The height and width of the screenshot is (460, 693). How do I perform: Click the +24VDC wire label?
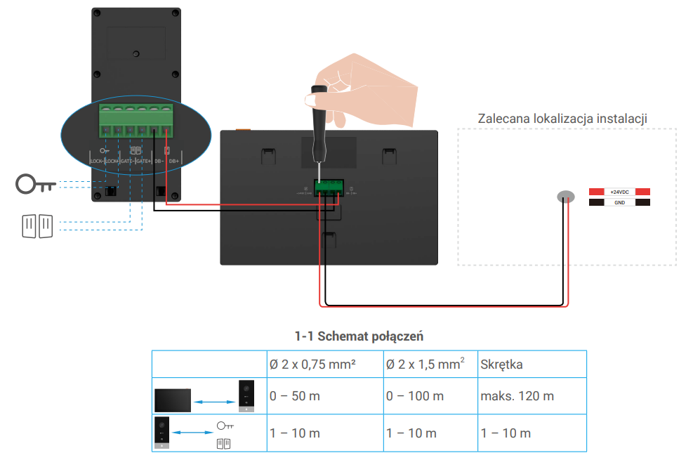619,192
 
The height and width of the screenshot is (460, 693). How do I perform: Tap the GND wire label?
619,202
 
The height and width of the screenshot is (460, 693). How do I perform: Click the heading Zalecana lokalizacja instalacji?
562,118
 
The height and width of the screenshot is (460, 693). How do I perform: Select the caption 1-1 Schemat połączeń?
359,336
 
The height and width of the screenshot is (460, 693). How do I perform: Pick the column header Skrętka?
502,364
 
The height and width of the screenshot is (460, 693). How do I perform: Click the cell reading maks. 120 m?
517,396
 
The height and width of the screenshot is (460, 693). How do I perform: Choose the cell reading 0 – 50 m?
295,396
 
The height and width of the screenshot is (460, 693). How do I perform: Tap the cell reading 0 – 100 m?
415,396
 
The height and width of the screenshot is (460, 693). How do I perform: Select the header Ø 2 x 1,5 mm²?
425,364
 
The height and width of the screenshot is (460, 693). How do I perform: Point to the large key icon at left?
36,184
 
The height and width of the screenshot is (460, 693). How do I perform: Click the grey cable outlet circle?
566,197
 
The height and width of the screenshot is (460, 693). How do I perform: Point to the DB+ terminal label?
173,161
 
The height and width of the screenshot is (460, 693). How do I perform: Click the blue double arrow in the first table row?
213,402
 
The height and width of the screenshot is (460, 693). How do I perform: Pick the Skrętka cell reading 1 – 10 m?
506,433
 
